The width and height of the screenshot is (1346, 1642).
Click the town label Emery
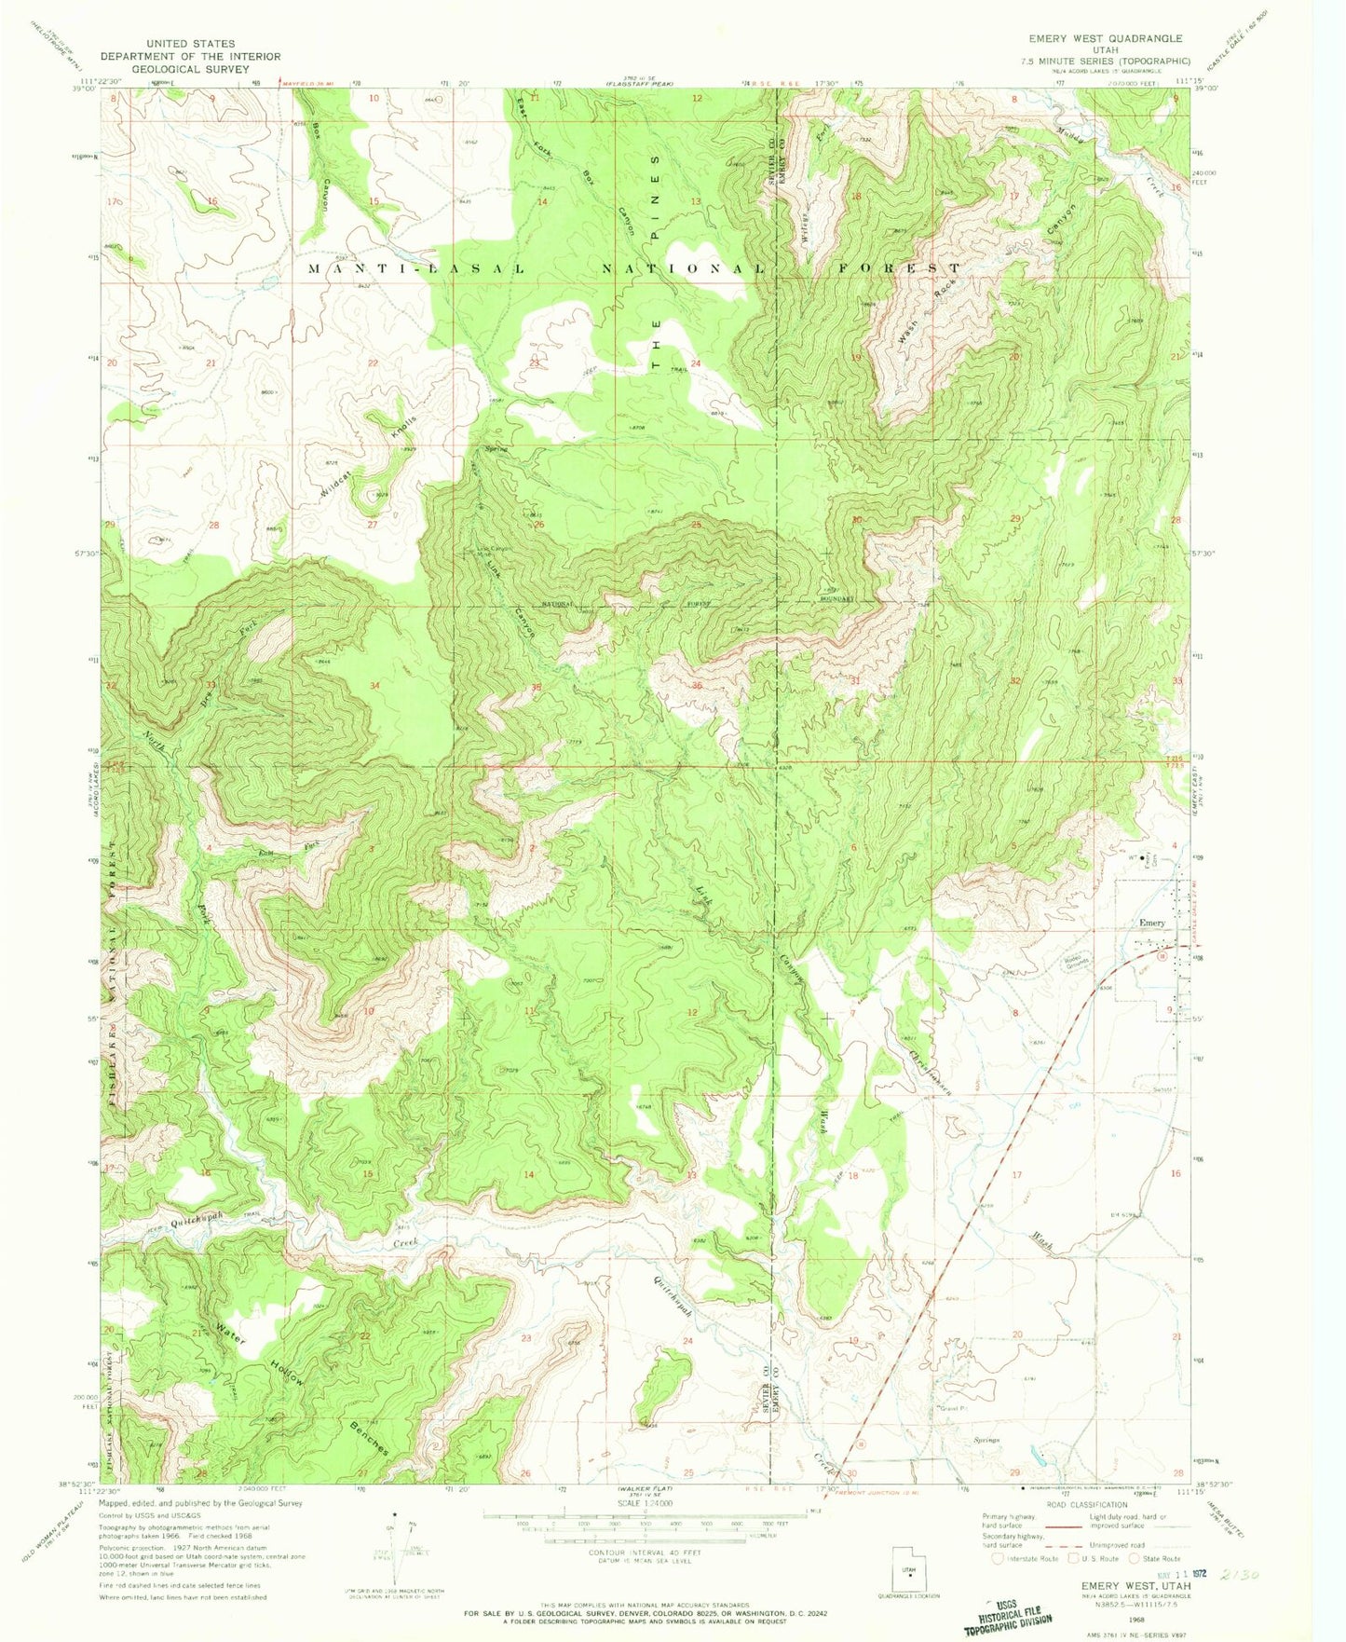[1152, 923]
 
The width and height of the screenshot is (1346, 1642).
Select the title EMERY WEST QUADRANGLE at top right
[1105, 38]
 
